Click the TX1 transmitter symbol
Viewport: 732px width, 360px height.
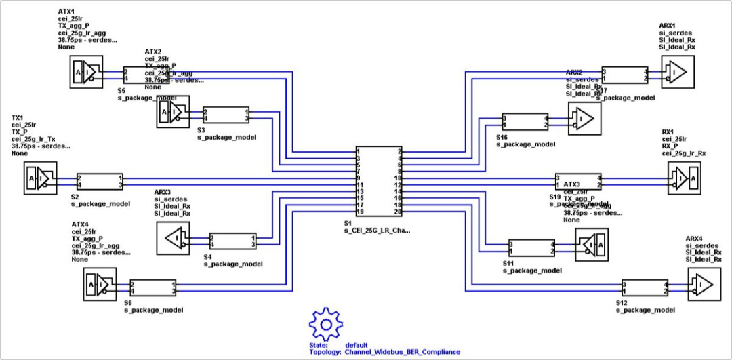click(x=41, y=180)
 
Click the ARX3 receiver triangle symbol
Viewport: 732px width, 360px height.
click(x=173, y=238)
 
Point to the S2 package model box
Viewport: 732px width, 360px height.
click(x=100, y=180)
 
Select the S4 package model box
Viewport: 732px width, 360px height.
click(x=232, y=241)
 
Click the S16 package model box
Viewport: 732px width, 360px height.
click(x=525, y=121)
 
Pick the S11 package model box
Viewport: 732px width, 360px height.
click(x=531, y=247)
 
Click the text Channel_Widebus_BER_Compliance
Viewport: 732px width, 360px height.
click(x=402, y=352)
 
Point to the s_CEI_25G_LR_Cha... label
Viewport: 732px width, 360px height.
click(x=377, y=231)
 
